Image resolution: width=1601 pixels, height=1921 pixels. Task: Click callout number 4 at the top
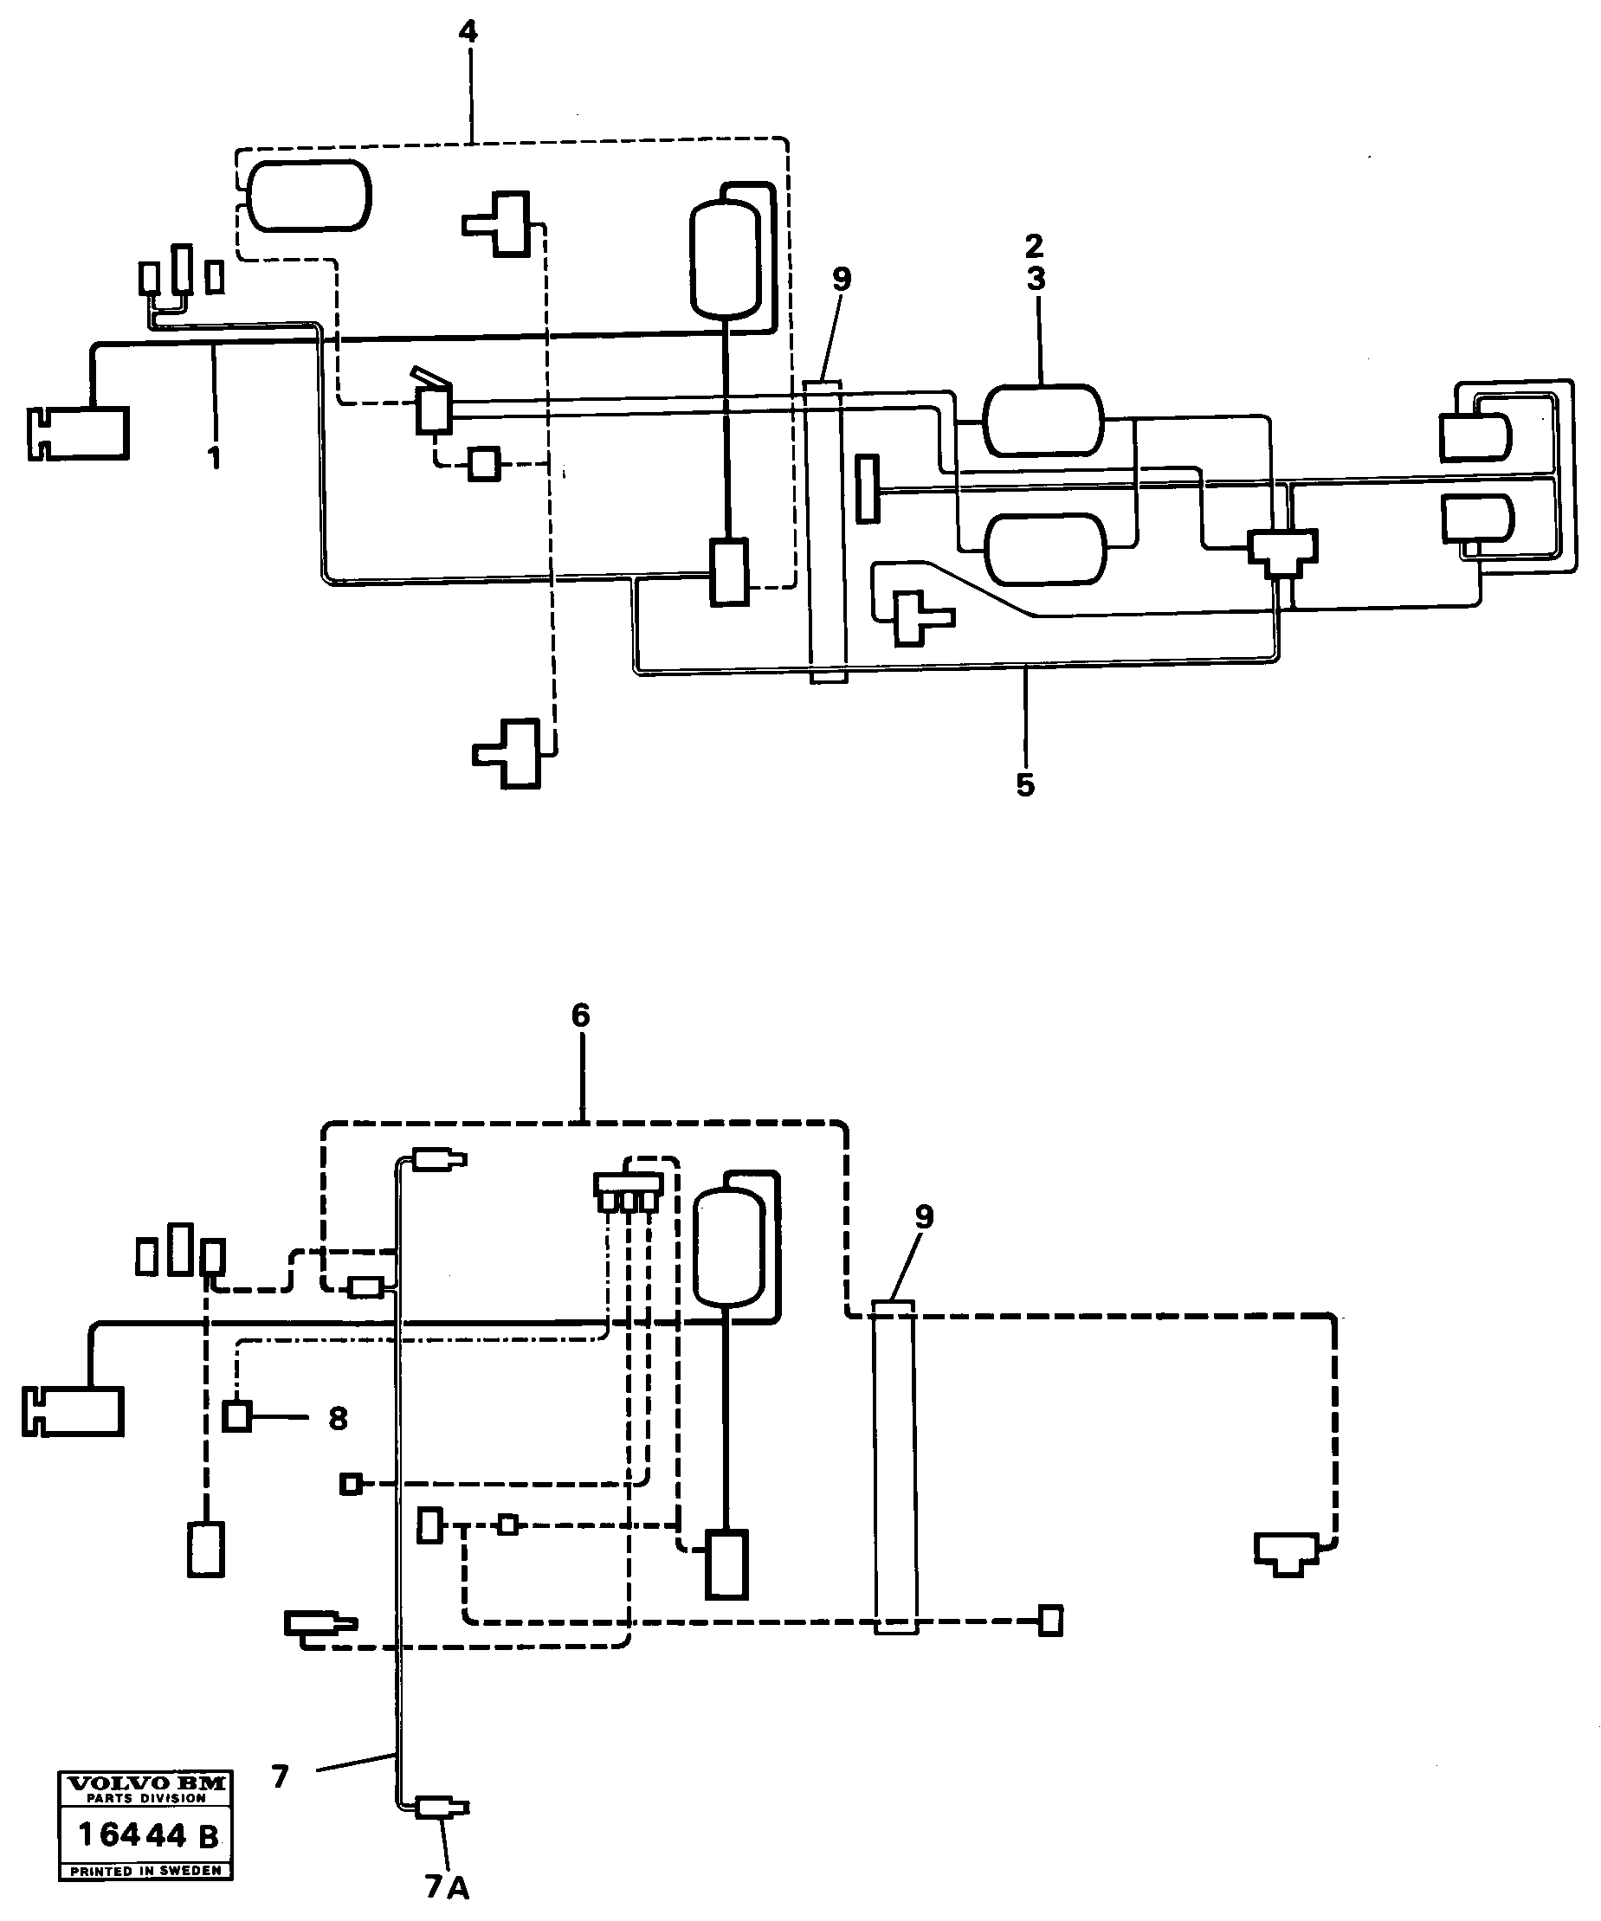coord(468,33)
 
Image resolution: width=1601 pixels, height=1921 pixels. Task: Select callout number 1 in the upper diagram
coord(214,457)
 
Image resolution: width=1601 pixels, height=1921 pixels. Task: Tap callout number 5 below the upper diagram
coord(1024,784)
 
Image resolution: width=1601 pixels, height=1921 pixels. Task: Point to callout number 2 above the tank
coord(1034,245)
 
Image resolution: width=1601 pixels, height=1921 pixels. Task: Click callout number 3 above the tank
coord(1036,278)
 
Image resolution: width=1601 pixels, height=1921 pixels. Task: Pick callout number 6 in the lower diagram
coord(581,1015)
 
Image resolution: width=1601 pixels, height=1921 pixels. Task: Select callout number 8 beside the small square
coord(338,1419)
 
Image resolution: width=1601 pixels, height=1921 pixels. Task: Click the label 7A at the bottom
coord(447,1886)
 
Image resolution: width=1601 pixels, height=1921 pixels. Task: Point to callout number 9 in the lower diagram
coord(924,1217)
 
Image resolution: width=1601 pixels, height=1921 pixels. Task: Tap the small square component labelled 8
coord(238,1417)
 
